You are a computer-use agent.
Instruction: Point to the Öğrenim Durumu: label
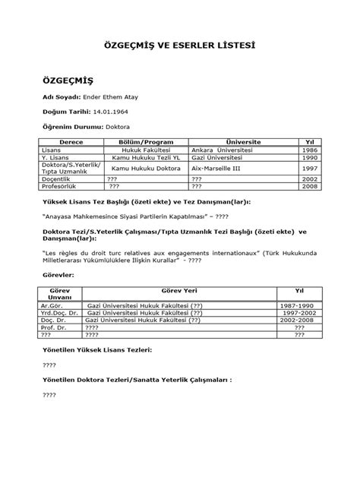(x=72, y=127)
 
